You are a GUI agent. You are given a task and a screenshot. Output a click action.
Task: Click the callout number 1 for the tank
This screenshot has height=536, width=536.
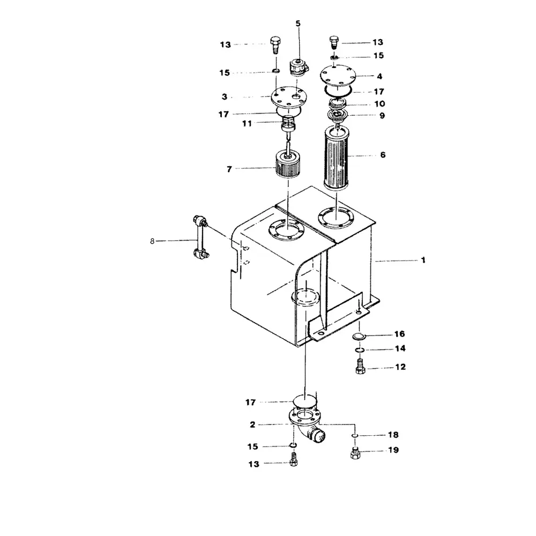(x=423, y=260)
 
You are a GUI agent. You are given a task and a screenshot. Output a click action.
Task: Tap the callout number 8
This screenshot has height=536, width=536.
(x=152, y=242)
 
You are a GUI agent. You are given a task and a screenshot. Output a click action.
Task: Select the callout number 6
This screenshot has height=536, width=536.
(x=383, y=155)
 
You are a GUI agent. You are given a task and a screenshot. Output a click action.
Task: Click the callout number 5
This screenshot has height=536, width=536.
(x=298, y=23)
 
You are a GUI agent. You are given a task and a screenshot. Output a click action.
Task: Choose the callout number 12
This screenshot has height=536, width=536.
(x=400, y=368)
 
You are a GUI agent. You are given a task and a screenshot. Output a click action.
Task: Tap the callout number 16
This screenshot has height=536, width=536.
(x=400, y=334)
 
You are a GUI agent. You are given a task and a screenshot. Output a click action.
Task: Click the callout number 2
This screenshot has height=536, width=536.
(x=252, y=425)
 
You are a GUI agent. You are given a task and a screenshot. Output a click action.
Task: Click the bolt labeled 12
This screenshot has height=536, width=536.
(x=360, y=368)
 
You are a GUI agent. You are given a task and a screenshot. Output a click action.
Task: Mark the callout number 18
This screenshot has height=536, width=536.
(x=393, y=435)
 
